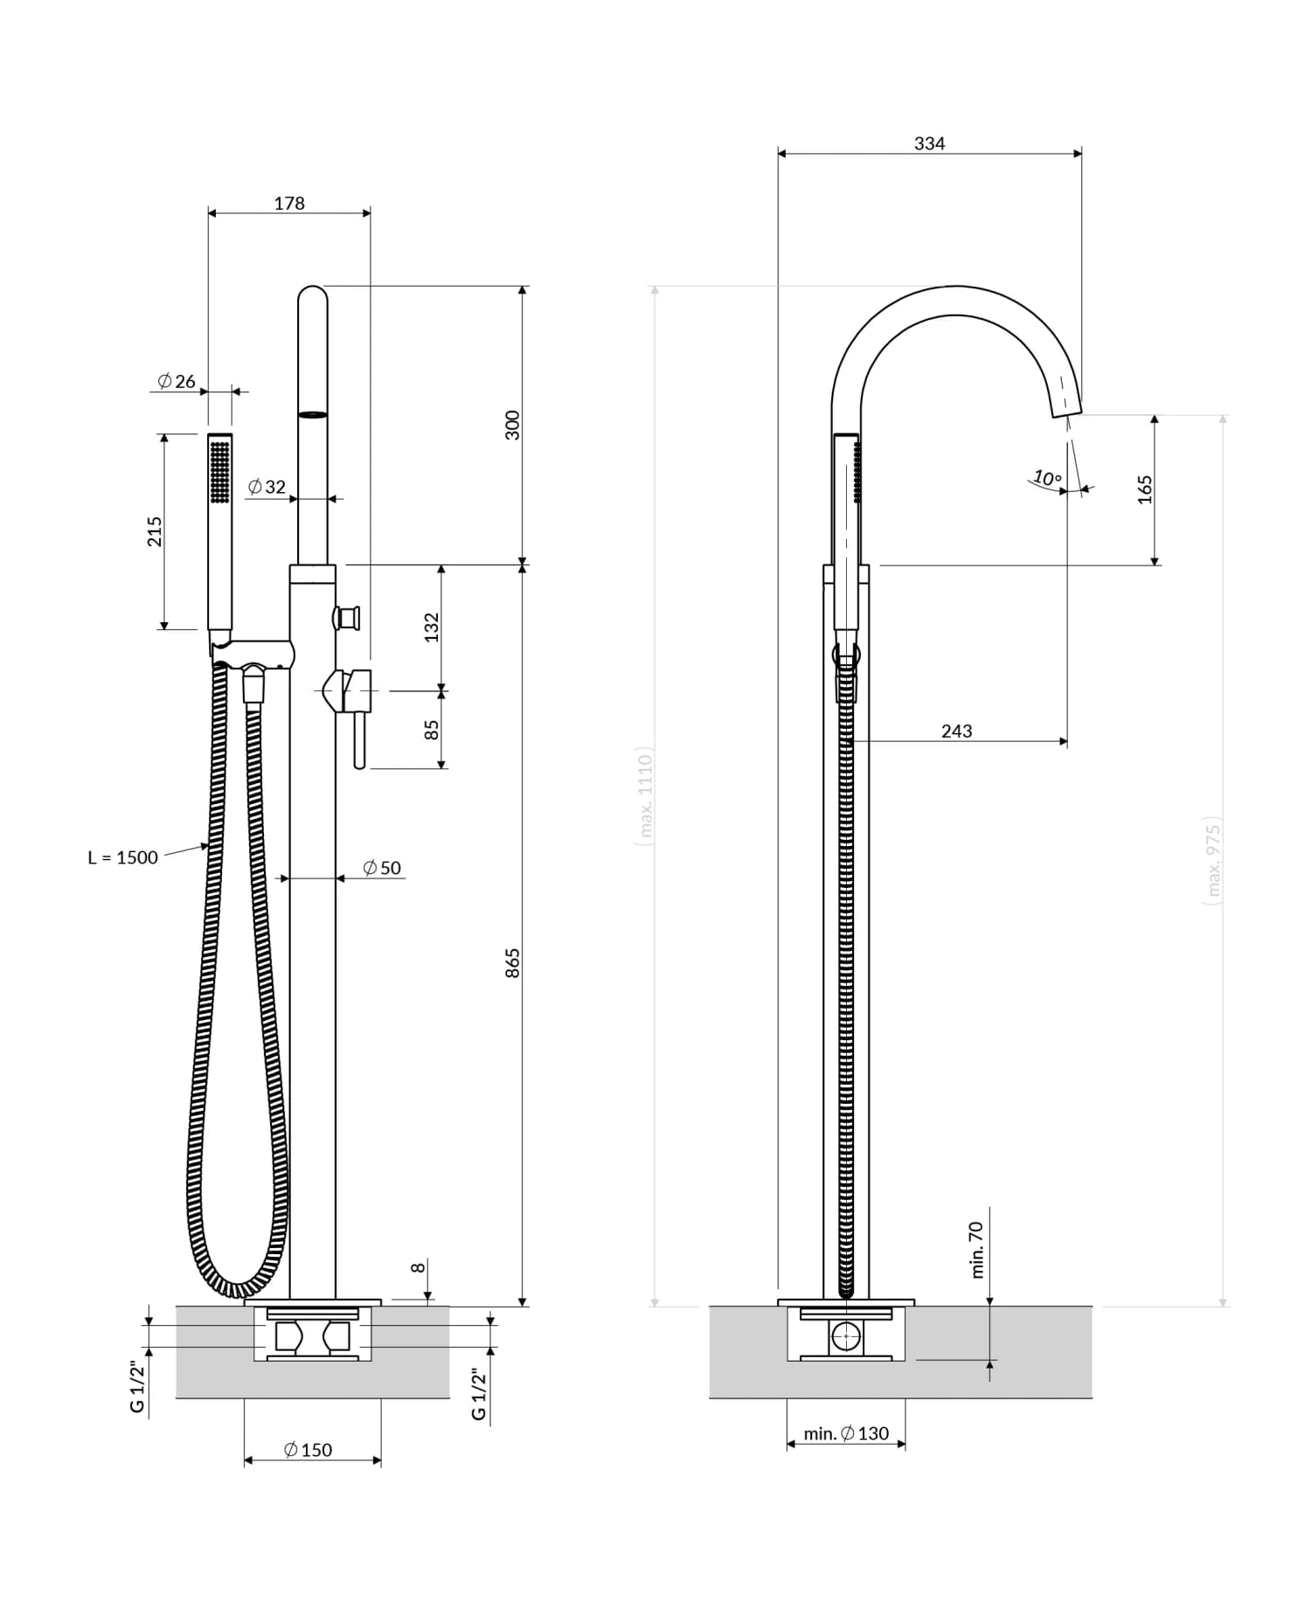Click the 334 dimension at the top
(x=929, y=143)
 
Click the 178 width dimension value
(x=289, y=204)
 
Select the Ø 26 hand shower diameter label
(x=177, y=381)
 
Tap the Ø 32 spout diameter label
(x=267, y=487)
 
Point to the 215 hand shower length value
(x=155, y=531)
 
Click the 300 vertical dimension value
(x=513, y=425)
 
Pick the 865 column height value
(x=513, y=962)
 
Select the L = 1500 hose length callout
(x=122, y=857)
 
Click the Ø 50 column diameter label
(x=382, y=868)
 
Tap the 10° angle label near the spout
(x=1047, y=478)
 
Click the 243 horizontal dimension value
(x=956, y=731)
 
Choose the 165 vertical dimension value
(x=1145, y=489)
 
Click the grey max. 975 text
(x=1213, y=862)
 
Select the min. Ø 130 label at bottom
(x=846, y=1433)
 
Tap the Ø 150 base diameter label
(x=308, y=1450)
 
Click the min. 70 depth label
(x=977, y=1250)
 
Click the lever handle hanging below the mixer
(x=359, y=739)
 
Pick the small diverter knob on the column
(x=349, y=618)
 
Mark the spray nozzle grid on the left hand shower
(x=220, y=471)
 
